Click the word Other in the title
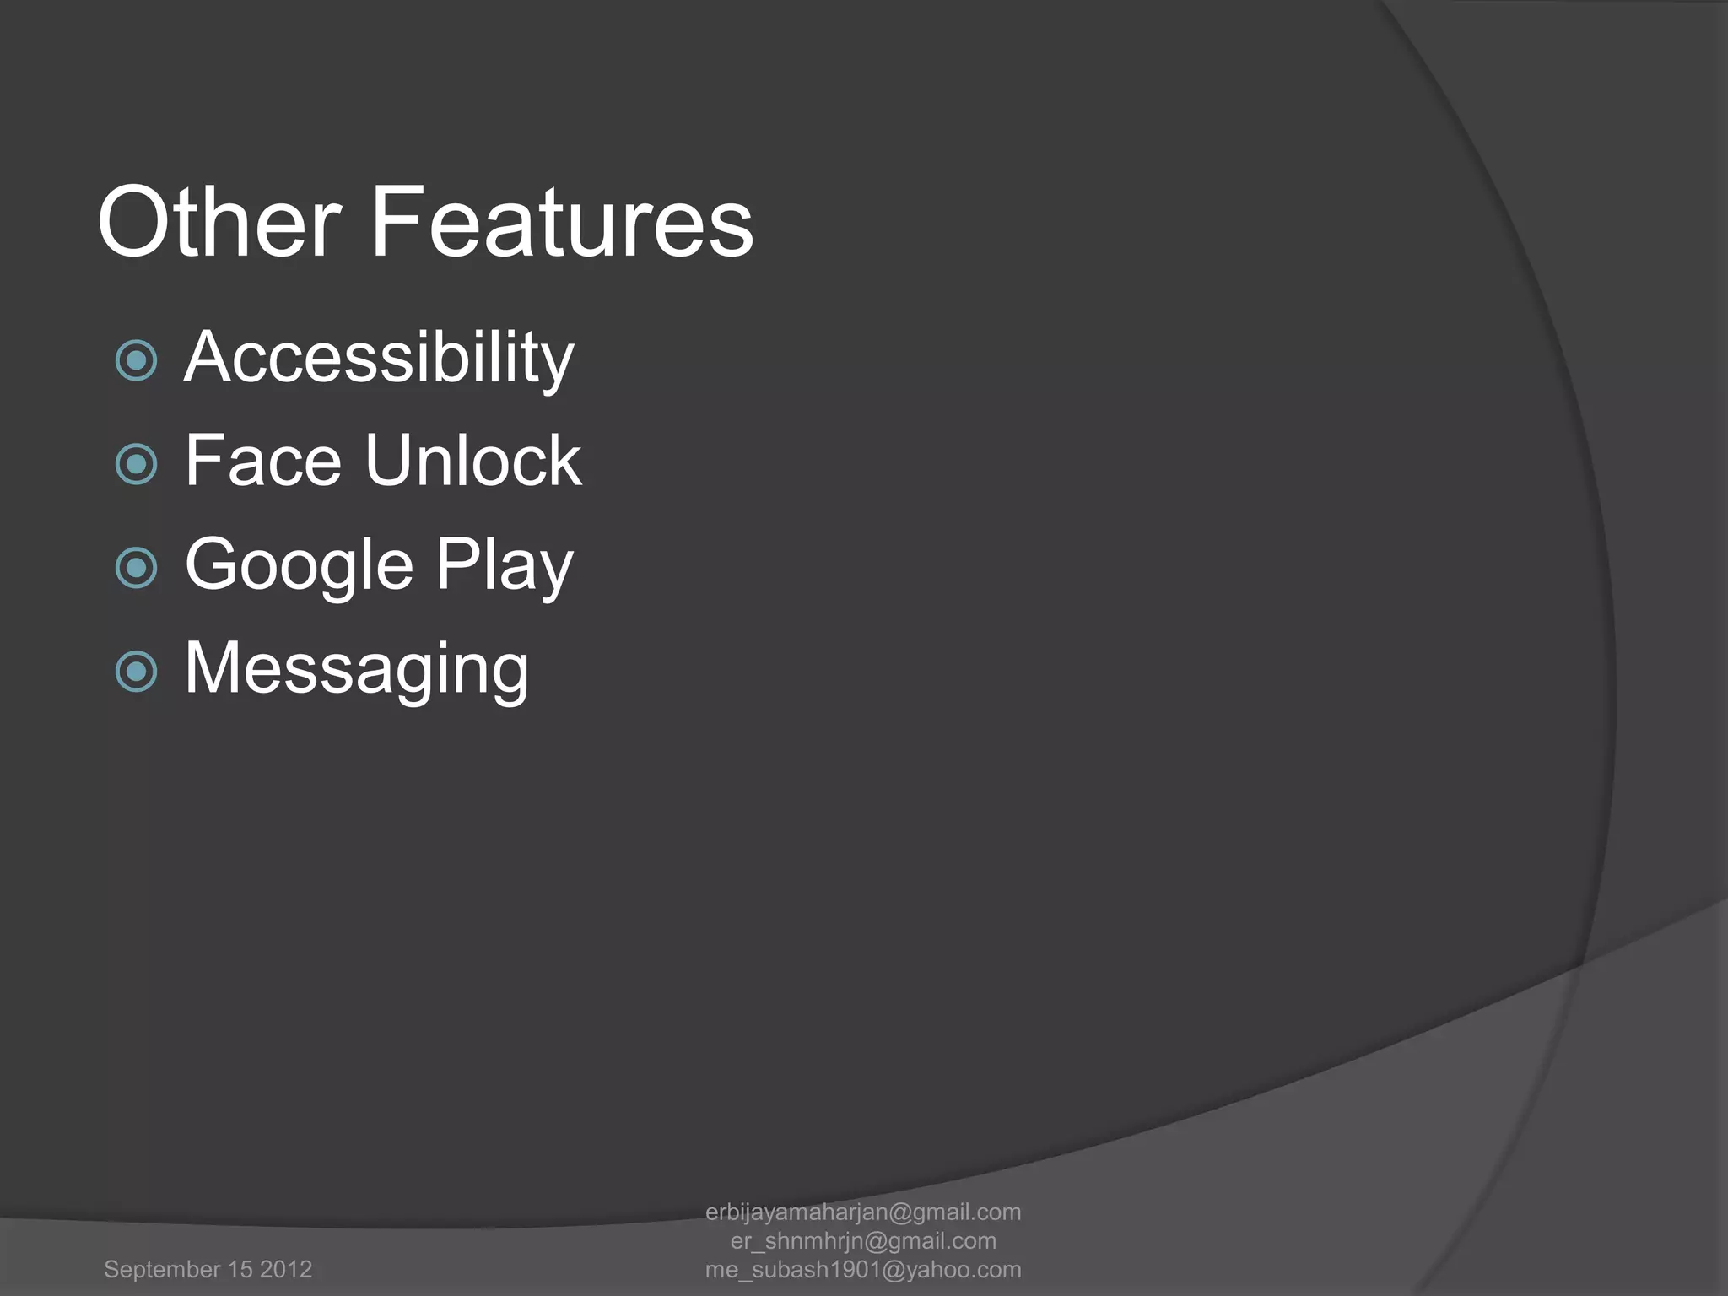click(x=219, y=222)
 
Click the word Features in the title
click(x=561, y=222)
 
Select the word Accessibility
click(x=379, y=358)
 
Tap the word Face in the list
click(x=262, y=461)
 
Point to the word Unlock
click(x=473, y=461)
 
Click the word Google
click(x=300, y=565)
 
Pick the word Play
click(x=505, y=565)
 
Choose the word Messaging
click(x=356, y=669)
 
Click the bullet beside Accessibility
click(x=136, y=361)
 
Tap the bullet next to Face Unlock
click(x=136, y=464)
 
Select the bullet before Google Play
click(x=136, y=568)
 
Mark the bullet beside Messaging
click(x=136, y=672)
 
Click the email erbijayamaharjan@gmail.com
click(x=863, y=1212)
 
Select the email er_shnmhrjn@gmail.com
click(x=863, y=1241)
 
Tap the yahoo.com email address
click(x=863, y=1270)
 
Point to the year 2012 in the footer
click(x=286, y=1270)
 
